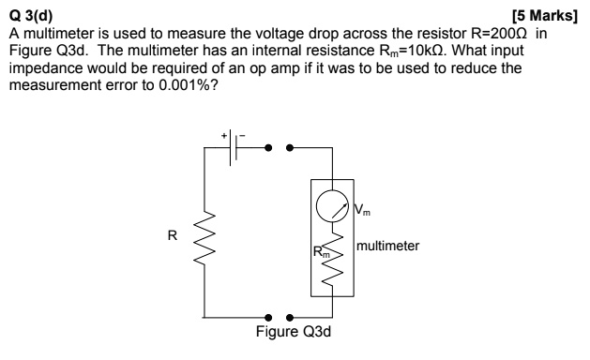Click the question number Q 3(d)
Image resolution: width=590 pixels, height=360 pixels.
pyautogui.click(x=31, y=16)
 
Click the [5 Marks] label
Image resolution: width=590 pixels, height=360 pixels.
pyautogui.click(x=544, y=16)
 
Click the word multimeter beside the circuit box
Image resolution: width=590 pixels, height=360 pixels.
pyautogui.click(x=387, y=246)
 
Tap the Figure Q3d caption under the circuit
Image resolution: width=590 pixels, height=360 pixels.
pyautogui.click(x=294, y=332)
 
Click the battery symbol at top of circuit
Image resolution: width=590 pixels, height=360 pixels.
pyautogui.click(x=234, y=148)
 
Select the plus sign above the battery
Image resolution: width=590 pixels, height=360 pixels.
pyautogui.click(x=224, y=135)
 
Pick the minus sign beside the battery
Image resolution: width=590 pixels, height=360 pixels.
pyautogui.click(x=243, y=135)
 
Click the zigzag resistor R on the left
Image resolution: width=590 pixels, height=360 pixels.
pyautogui.click(x=204, y=238)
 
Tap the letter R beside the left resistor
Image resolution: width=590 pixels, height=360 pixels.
pyautogui.click(x=173, y=235)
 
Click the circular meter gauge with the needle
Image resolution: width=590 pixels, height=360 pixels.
pyautogui.click(x=332, y=205)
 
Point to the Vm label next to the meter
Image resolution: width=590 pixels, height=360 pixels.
pyautogui.click(x=362, y=210)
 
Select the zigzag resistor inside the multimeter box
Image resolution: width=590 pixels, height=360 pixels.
pyautogui.click(x=332, y=259)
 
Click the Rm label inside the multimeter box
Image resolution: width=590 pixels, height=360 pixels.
pyautogui.click(x=322, y=251)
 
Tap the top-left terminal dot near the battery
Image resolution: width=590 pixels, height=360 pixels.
pyautogui.click(x=268, y=148)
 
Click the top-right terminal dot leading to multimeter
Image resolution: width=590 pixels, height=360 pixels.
pyautogui.click(x=289, y=148)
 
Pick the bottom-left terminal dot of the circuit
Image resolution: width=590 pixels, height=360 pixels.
pyautogui.click(x=268, y=318)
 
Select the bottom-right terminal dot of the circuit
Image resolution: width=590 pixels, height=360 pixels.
pyautogui.click(x=289, y=318)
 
